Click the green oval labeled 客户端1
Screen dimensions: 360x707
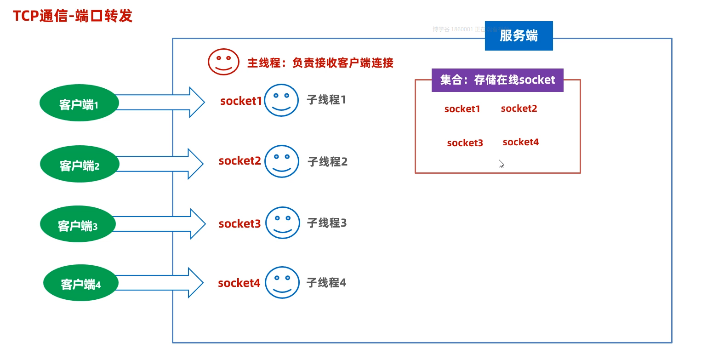click(79, 103)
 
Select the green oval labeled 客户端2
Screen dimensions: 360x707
click(80, 165)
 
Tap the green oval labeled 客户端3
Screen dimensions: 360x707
click(77, 225)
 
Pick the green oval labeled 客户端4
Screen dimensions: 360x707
click(80, 283)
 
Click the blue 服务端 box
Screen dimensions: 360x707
click(519, 36)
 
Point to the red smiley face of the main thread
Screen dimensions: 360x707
click(223, 62)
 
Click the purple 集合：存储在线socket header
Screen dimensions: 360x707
click(497, 80)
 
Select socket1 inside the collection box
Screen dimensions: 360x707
click(462, 109)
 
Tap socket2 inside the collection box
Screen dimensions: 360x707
click(519, 109)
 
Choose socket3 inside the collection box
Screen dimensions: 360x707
click(465, 143)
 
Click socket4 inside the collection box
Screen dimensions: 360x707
click(520, 142)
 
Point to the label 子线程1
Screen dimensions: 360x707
click(326, 99)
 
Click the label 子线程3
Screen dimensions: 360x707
click(326, 223)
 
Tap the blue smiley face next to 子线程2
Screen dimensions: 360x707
click(282, 161)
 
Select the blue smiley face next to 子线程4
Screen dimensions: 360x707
click(282, 283)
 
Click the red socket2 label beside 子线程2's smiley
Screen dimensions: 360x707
click(239, 161)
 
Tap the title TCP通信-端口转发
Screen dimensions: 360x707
click(73, 16)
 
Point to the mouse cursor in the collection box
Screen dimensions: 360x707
click(501, 164)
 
